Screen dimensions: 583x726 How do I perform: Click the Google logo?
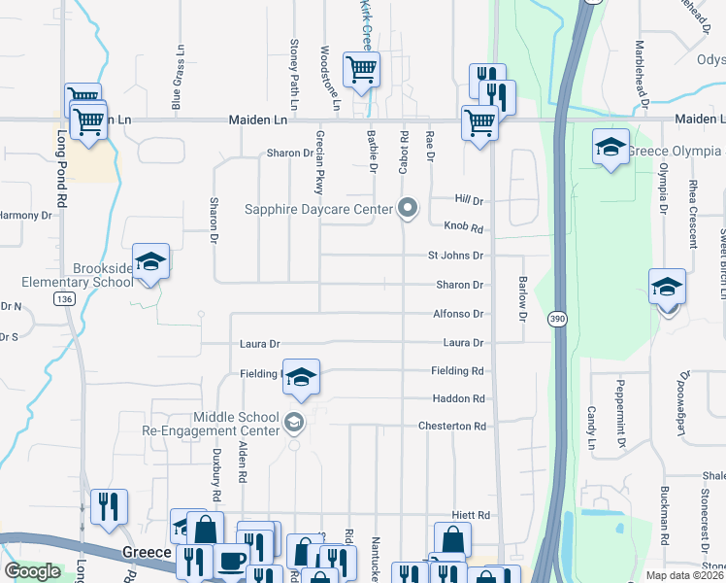(32, 570)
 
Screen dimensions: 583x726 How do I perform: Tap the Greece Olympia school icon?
(610, 148)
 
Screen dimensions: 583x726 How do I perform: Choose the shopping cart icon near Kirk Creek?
(361, 70)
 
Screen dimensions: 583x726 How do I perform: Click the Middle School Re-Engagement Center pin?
(294, 423)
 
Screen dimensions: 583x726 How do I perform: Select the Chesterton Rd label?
(451, 427)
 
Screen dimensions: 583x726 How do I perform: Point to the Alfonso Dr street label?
(457, 314)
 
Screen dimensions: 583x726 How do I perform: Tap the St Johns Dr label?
(455, 256)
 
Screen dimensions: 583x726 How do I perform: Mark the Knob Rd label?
(463, 226)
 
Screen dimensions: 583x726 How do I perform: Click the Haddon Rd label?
(458, 399)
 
